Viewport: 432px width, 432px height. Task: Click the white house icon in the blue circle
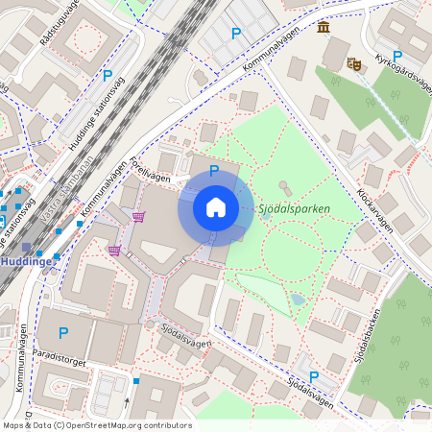pos(216,207)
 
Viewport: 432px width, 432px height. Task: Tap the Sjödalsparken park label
pos(295,208)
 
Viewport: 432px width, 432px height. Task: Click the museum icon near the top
pos(324,28)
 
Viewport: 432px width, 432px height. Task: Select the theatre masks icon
pos(353,63)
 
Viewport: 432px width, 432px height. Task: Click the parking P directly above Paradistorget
pos(63,333)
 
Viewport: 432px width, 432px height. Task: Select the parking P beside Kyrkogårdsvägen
pos(397,57)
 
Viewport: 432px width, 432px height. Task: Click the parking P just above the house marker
pos(214,171)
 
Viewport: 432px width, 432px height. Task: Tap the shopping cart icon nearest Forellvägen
pos(140,218)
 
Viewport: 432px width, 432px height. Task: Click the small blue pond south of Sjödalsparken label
pos(298,300)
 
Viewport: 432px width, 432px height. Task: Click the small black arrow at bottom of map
pos(127,402)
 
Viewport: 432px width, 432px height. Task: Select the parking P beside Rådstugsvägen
pos(108,75)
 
